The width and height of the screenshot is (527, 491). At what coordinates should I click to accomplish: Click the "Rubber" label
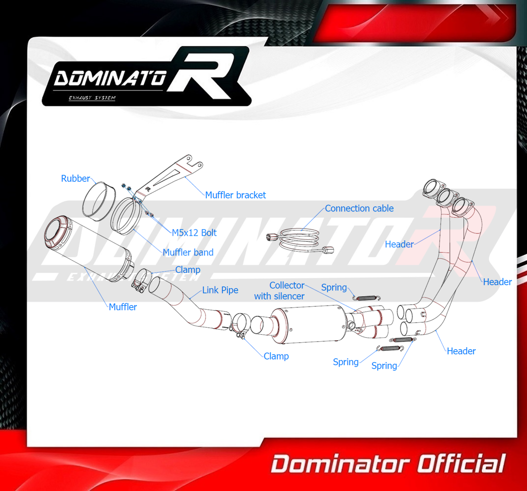click(x=75, y=178)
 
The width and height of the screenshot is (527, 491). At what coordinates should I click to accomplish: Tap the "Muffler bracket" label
click(x=235, y=195)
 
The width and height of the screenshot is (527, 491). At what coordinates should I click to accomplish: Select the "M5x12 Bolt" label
click(x=194, y=232)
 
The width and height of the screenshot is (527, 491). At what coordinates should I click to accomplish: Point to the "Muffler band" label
click(x=188, y=252)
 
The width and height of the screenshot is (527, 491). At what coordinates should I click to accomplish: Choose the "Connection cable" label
click(x=359, y=208)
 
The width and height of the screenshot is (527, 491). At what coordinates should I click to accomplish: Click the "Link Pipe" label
click(x=220, y=290)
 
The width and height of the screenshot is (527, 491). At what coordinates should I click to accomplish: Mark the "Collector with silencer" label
click(x=279, y=291)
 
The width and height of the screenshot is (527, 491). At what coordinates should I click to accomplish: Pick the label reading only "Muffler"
click(x=122, y=307)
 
